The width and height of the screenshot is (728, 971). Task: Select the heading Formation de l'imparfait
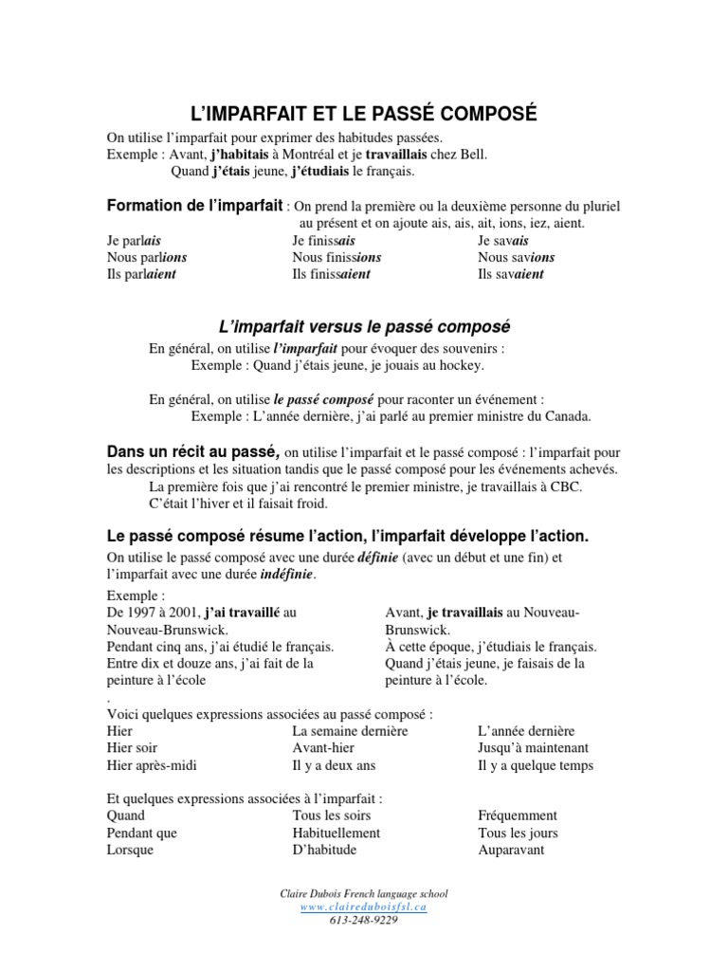194,205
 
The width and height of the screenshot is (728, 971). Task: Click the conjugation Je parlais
134,241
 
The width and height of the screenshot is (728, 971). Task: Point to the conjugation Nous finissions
337,257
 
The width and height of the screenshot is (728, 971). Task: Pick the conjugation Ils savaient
511,274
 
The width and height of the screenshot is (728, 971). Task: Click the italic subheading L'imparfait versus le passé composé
364,326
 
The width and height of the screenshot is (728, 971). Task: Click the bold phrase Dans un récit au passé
193,451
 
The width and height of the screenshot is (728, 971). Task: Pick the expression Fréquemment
518,815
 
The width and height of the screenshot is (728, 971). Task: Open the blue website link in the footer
364,907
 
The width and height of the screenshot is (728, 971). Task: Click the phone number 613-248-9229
364,920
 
